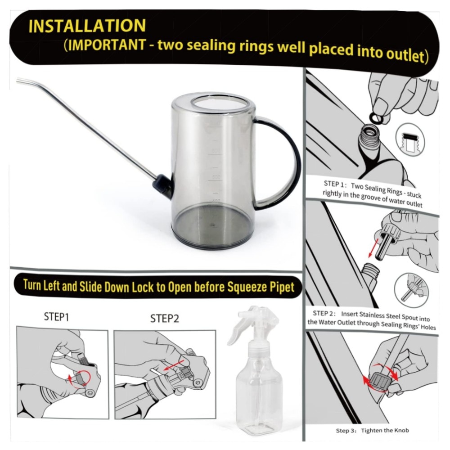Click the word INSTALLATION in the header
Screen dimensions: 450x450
(87, 26)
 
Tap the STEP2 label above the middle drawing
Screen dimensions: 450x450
(164, 318)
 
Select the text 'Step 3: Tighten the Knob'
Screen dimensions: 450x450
(372, 430)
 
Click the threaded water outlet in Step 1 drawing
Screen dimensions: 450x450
(369, 135)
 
